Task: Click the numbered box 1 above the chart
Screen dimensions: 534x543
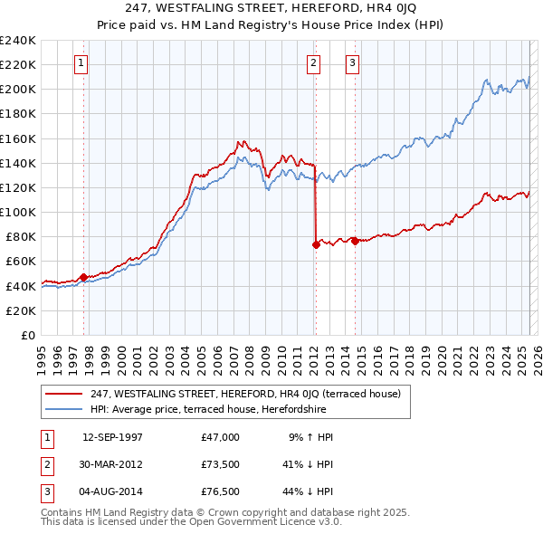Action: point(81,63)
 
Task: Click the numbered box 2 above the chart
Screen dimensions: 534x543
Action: point(313,63)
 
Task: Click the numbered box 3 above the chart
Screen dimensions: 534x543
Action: point(351,63)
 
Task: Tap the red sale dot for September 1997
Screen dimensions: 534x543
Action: point(84,277)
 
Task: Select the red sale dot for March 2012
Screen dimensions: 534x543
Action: point(316,244)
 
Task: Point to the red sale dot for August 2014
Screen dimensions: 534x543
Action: point(355,241)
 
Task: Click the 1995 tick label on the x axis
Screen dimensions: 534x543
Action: point(42,354)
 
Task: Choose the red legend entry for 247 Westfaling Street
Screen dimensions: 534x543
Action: point(251,393)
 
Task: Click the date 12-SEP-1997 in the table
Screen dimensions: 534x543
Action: point(113,437)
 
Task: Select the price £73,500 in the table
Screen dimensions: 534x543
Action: point(221,464)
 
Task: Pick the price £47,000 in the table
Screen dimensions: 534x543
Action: point(221,437)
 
